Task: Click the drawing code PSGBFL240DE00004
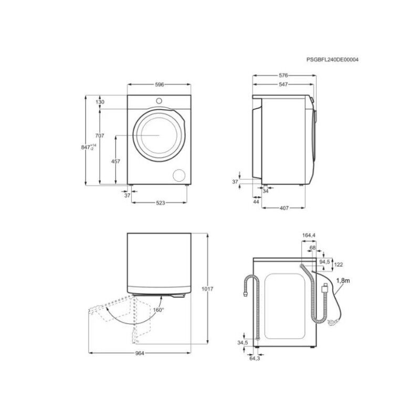point(332,59)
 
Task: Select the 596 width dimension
point(159,85)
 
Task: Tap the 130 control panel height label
point(100,102)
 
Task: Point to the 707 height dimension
point(100,136)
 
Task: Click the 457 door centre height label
point(115,161)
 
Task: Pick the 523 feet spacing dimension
point(160,203)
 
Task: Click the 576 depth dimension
point(283,76)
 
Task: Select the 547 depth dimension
point(283,85)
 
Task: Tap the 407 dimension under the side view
point(284,208)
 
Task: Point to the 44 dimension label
point(256,202)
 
